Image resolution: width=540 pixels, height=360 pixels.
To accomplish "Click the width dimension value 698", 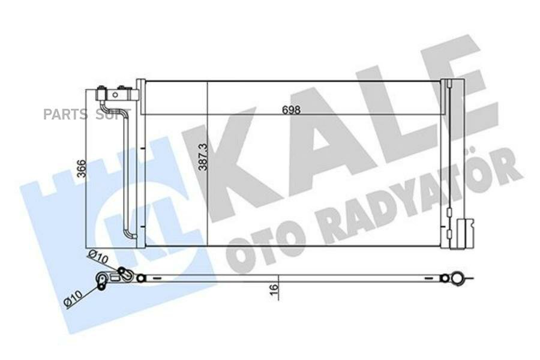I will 290,110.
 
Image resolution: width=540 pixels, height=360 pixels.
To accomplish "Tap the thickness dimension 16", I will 274,288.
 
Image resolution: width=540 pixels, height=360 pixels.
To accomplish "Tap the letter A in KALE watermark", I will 318,129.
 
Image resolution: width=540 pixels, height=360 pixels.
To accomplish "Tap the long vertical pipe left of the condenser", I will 127,174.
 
